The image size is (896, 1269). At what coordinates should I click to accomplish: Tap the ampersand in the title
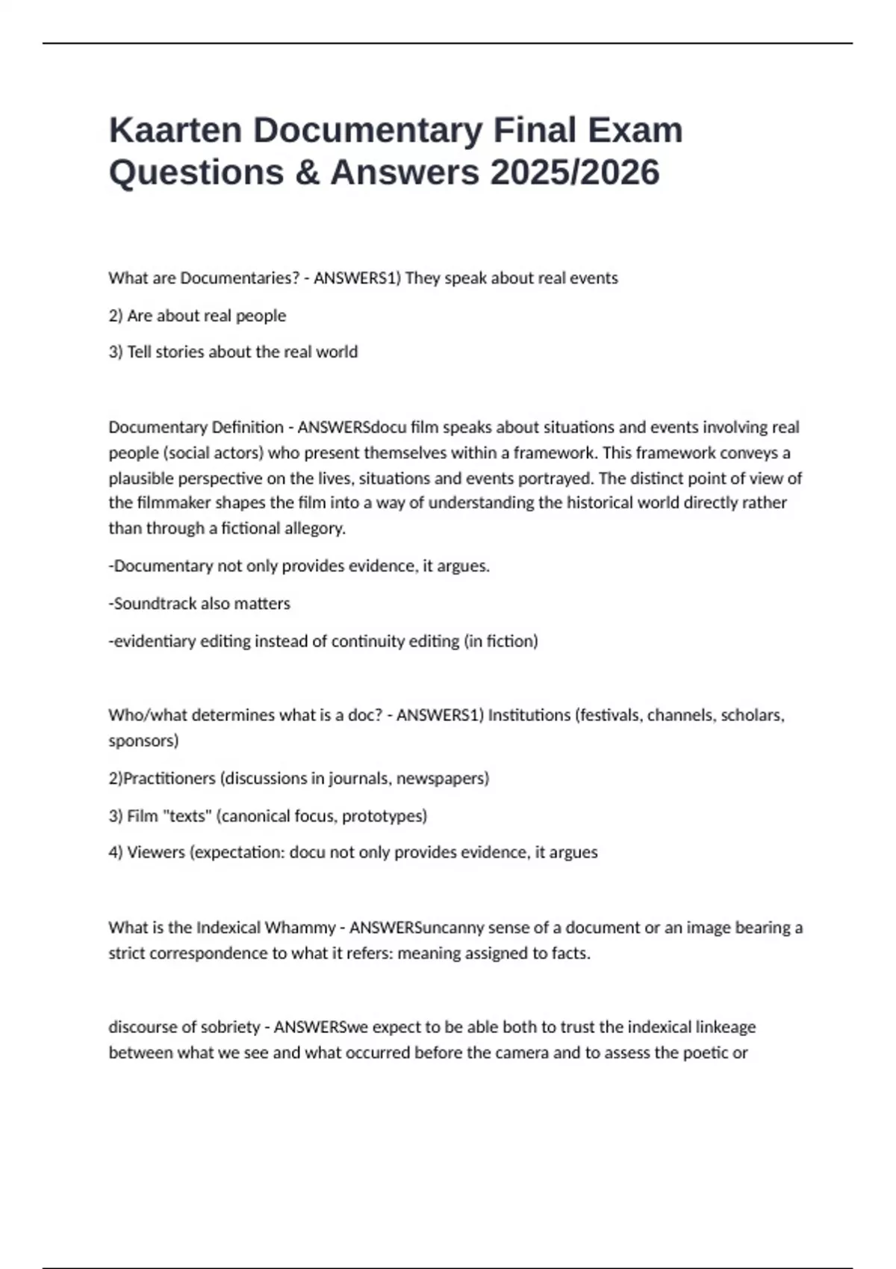click(308, 172)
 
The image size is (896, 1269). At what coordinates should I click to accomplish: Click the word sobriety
click(225, 1027)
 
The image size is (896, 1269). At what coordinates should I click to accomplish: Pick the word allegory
click(314, 529)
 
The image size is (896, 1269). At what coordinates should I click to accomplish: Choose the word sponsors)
click(143, 740)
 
